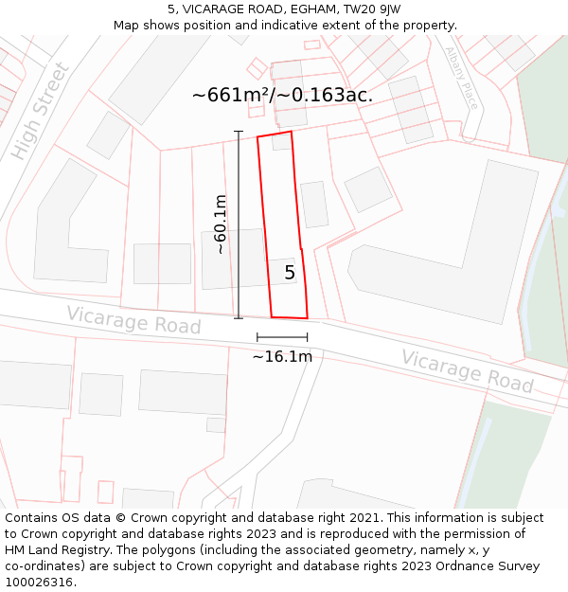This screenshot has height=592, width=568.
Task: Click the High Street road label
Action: coord(40,111)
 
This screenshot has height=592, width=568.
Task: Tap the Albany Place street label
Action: coord(462,78)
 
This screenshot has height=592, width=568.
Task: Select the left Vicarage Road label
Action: coord(133,320)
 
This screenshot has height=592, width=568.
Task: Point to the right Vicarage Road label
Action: coord(467,371)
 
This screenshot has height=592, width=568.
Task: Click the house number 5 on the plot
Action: coord(290,273)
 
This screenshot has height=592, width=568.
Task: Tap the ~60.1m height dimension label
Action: coord(220,224)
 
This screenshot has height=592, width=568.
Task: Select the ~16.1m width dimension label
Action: coord(282,357)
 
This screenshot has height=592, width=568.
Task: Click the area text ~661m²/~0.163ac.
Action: coord(282,95)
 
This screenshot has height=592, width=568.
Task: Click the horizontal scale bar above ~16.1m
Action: coord(282,336)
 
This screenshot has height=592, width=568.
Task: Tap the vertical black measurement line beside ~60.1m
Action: coord(239,224)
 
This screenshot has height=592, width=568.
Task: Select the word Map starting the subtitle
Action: coord(127,26)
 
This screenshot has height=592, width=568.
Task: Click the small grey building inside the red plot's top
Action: coord(282,143)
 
